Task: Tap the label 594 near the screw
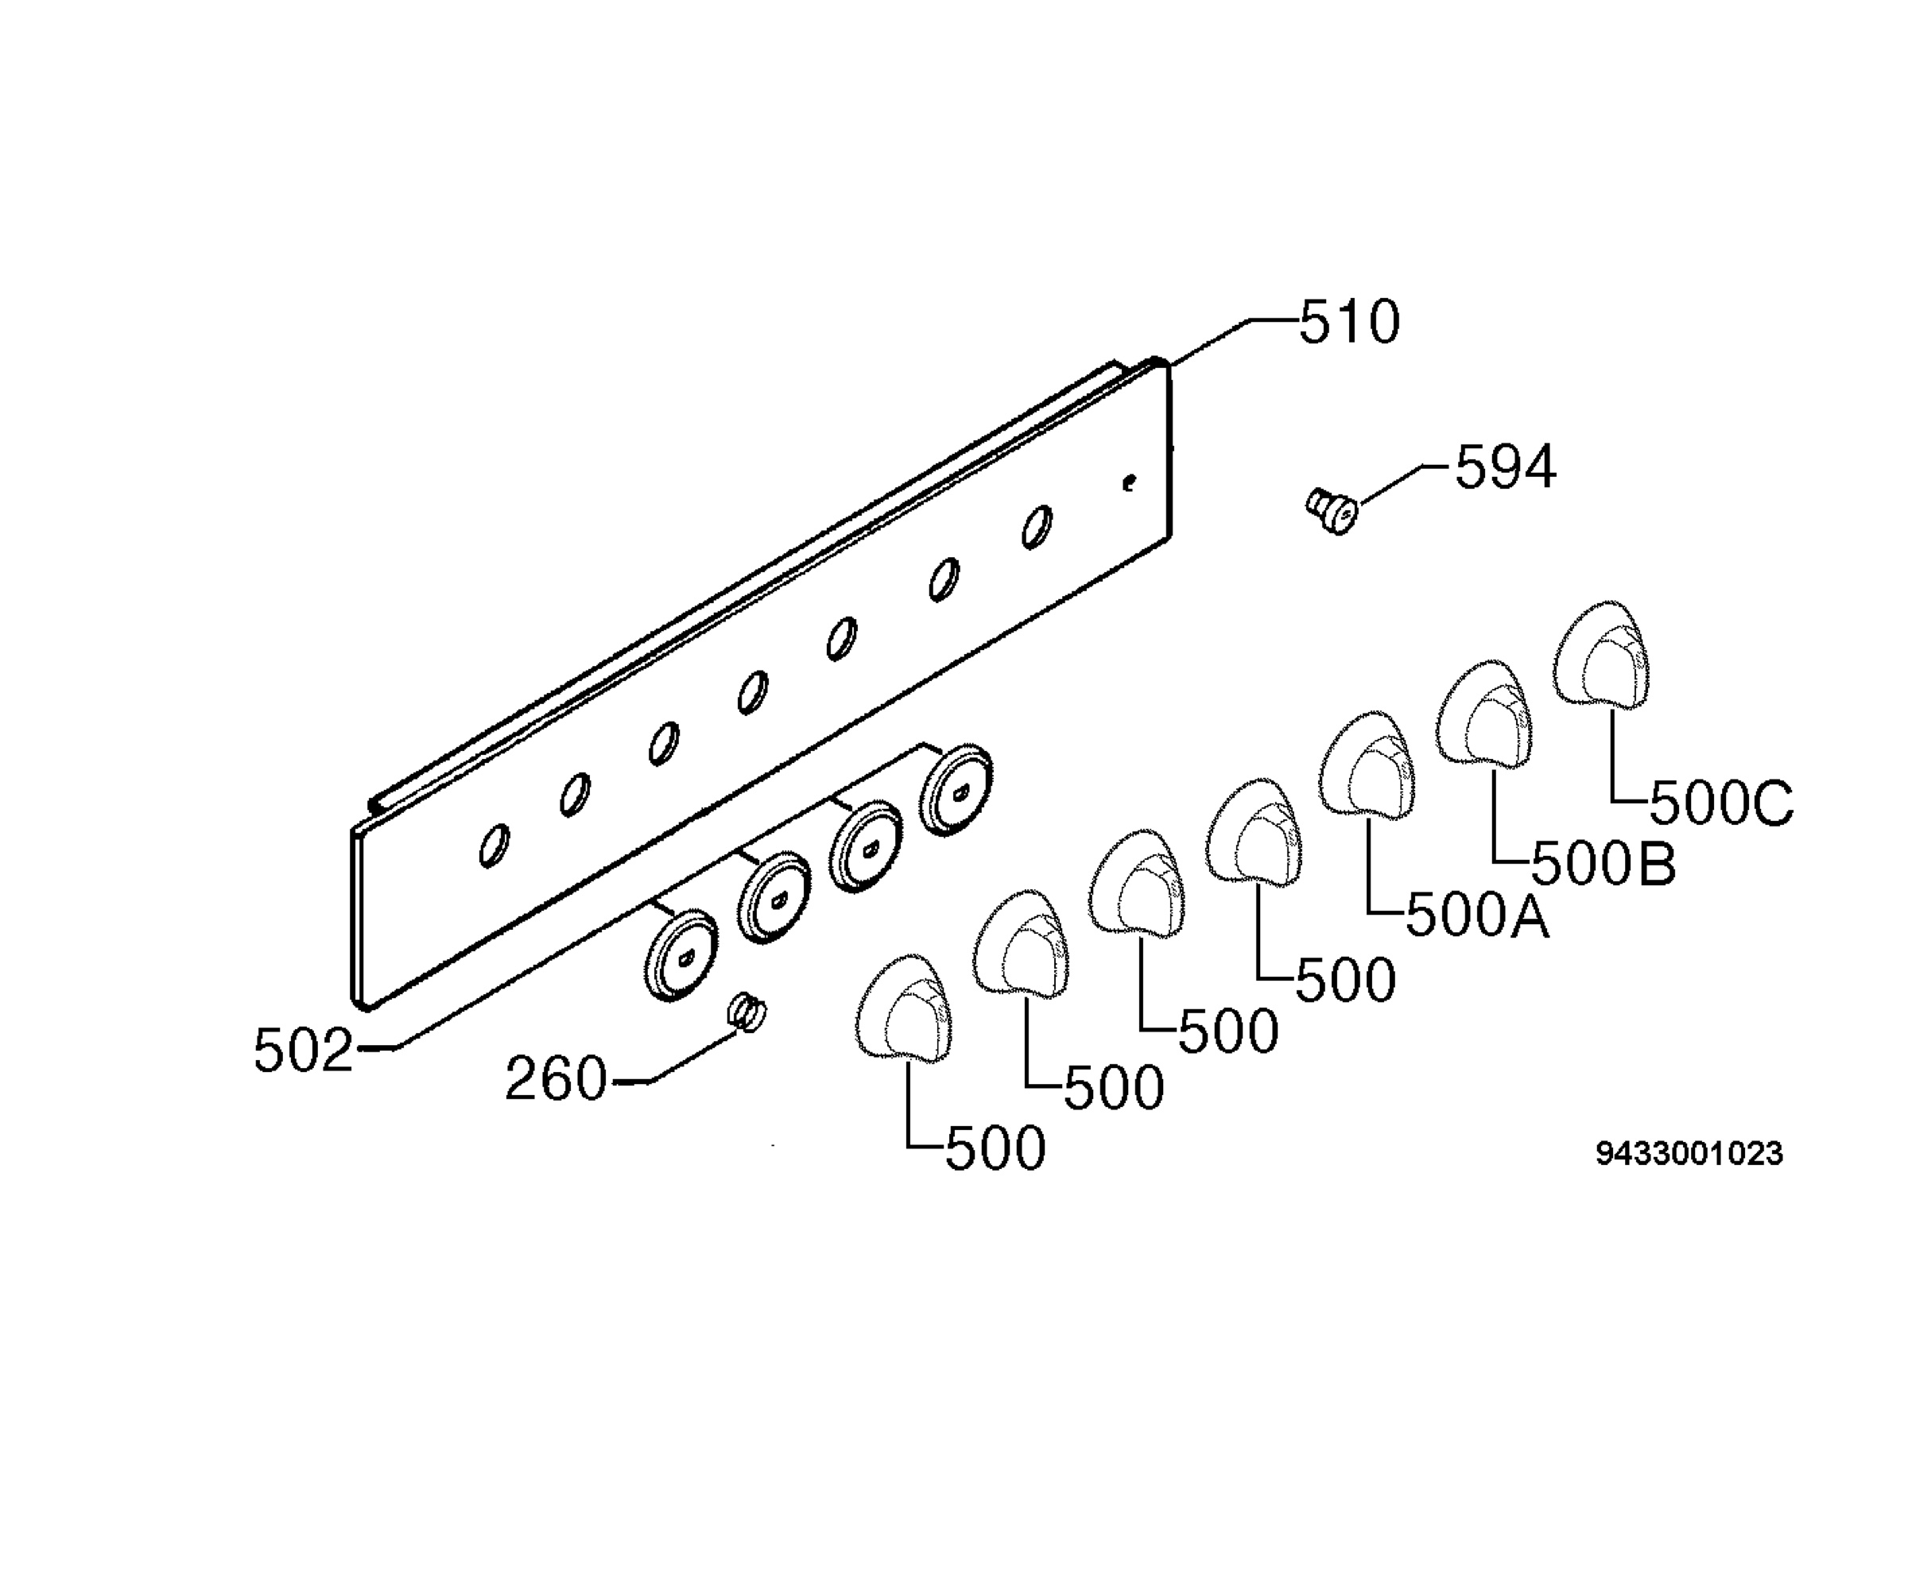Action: (x=1506, y=468)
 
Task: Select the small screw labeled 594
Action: (x=1332, y=510)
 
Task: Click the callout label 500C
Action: (x=1722, y=803)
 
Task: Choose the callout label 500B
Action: (x=1604, y=863)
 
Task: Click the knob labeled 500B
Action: (x=1483, y=715)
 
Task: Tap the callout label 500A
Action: (x=1477, y=915)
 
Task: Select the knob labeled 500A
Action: (x=1367, y=767)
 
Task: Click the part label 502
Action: (x=304, y=1051)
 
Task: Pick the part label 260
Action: (x=555, y=1078)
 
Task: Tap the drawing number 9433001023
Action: (x=1690, y=1154)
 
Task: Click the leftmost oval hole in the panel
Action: (x=494, y=846)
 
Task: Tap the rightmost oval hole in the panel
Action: (x=1037, y=527)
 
